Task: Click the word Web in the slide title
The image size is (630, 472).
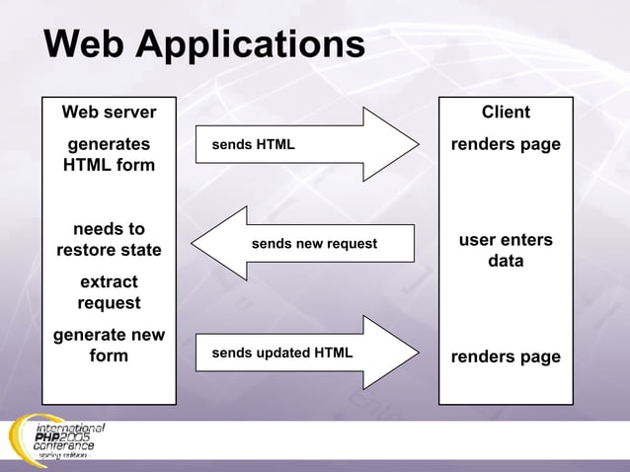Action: [x=84, y=44]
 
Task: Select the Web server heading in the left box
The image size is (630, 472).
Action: [x=109, y=112]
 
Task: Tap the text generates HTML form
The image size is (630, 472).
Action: [x=109, y=154]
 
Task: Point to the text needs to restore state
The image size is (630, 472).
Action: [x=109, y=239]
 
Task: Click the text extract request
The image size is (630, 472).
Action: [x=109, y=292]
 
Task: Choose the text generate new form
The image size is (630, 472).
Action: [x=109, y=345]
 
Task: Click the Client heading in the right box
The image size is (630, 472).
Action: [x=506, y=112]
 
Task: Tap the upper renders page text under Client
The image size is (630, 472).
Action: [x=506, y=144]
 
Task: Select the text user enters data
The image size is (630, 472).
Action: [x=506, y=251]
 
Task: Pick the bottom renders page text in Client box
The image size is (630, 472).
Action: [x=506, y=356]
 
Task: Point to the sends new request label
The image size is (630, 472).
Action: [x=314, y=243]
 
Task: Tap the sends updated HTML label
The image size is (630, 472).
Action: [x=282, y=353]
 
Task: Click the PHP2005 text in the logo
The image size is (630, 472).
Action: [x=63, y=437]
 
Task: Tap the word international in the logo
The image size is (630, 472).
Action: [x=69, y=427]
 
